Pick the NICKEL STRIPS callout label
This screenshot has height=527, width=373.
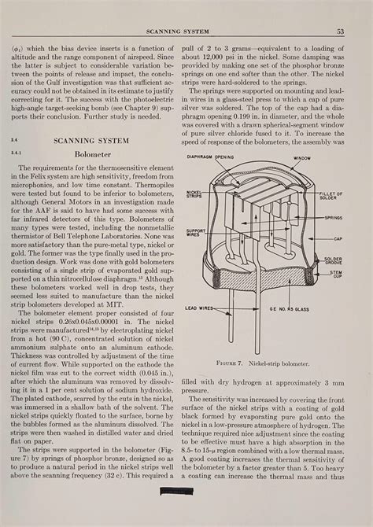(193, 193)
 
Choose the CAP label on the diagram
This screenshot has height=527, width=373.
(338, 238)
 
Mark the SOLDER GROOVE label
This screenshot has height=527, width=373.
(333, 260)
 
